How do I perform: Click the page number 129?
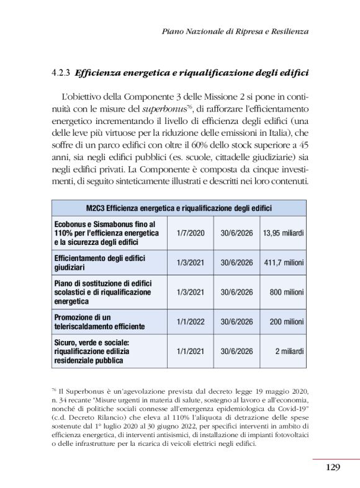(333, 467)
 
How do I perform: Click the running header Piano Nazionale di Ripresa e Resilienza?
(235, 30)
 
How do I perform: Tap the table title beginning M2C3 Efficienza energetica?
(178, 208)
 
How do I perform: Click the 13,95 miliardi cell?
(283, 233)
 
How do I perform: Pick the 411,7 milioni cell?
(283, 263)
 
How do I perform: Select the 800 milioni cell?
(286, 292)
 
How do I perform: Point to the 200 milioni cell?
(286, 322)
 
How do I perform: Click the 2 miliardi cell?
(289, 351)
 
